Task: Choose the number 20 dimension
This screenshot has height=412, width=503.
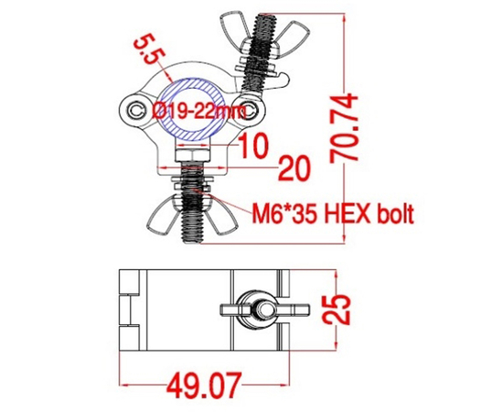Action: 291,167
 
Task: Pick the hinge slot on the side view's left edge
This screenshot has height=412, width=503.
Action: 129,308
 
